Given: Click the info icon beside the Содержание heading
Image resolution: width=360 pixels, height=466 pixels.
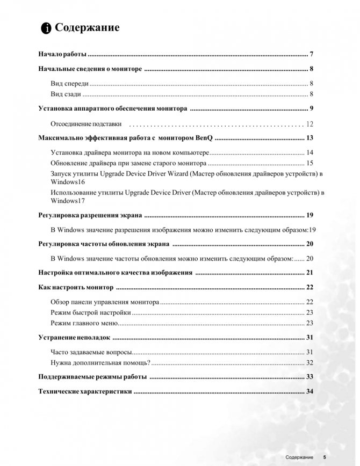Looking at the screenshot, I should point(47,28).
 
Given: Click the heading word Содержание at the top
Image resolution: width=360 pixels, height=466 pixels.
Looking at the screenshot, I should point(88,28).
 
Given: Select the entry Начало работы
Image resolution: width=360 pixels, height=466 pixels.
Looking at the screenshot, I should point(62,55).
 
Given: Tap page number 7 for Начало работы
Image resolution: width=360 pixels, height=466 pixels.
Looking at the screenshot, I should point(312,55).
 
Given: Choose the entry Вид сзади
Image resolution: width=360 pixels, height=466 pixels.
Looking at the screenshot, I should point(66,94).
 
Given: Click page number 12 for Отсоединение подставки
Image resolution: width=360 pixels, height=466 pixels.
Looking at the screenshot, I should point(309,124).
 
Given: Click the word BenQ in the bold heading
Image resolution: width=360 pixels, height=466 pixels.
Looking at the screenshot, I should point(205,138).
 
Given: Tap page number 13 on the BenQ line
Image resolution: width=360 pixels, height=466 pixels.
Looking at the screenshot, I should point(309,138).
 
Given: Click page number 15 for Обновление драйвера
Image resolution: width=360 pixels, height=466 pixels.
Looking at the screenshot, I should point(309,163).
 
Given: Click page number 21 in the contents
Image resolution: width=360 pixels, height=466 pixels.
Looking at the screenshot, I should point(309,273).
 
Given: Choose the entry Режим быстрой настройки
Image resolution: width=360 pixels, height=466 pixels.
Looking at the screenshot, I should point(90,312).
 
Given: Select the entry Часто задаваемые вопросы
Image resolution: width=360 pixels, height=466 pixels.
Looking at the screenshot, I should point(90,352).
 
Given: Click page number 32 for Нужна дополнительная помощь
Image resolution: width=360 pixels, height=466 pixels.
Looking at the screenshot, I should point(309,362).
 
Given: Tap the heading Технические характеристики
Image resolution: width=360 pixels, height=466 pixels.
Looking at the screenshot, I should point(85,391).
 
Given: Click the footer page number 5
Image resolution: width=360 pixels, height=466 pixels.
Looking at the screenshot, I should point(325,457).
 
